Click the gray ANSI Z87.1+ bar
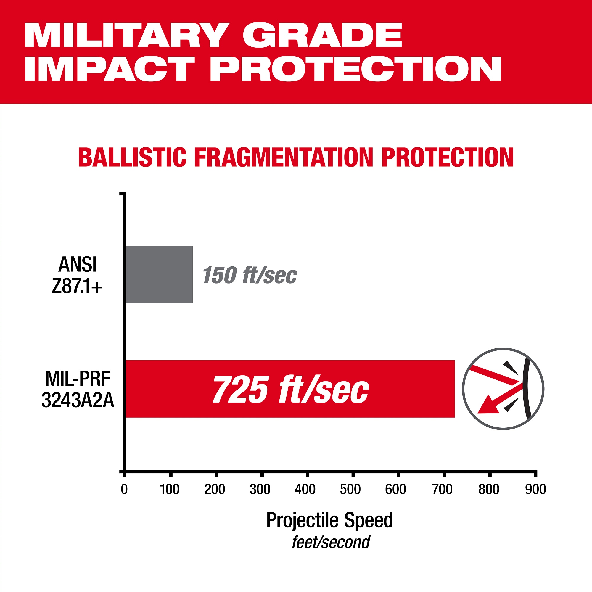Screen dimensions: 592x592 159,275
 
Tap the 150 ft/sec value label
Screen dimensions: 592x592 250,275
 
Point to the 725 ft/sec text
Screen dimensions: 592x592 290,389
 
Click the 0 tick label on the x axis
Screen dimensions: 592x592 124,489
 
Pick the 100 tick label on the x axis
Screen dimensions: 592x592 169,489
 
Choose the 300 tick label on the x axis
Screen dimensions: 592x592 260,489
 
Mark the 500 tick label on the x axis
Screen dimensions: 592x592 350,489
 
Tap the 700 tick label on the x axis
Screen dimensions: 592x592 442,489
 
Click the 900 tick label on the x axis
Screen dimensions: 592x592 535,489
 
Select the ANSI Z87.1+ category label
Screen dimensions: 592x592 77,275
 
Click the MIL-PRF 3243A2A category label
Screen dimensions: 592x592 78,390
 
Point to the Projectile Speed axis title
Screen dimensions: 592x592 329,520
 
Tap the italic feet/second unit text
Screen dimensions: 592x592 331,542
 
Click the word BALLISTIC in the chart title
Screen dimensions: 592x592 132,157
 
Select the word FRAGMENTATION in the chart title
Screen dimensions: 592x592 284,157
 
